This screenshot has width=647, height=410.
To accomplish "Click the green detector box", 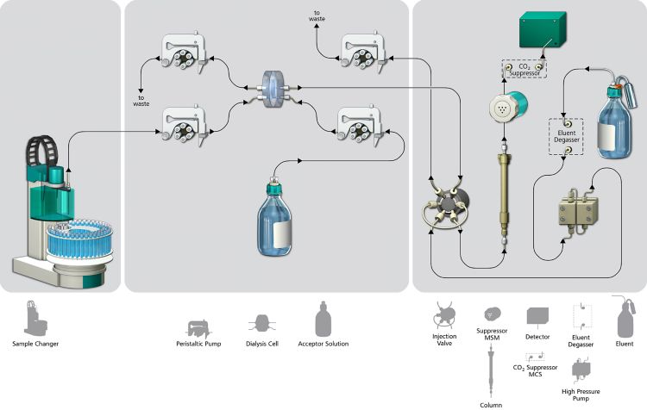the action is (543, 28).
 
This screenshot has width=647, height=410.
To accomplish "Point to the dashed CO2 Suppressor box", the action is (525, 69).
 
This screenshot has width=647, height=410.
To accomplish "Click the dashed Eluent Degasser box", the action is (566, 136).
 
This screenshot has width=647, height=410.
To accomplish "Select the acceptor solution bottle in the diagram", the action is (274, 218).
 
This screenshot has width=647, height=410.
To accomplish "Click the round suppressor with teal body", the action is (508, 107).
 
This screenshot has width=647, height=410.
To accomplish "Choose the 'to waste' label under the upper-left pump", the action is (141, 101).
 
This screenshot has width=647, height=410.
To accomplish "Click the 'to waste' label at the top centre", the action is (317, 16).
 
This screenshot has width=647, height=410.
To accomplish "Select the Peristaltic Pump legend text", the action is (198, 344).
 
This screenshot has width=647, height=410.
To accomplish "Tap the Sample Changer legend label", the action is (35, 344).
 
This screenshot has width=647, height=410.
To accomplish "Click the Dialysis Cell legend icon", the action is (261, 324).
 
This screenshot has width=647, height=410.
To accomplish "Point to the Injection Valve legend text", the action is (444, 339).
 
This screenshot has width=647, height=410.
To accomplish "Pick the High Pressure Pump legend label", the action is (581, 394).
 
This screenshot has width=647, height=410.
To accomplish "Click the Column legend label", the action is (491, 405).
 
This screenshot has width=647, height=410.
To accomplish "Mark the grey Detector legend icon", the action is (537, 317).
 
